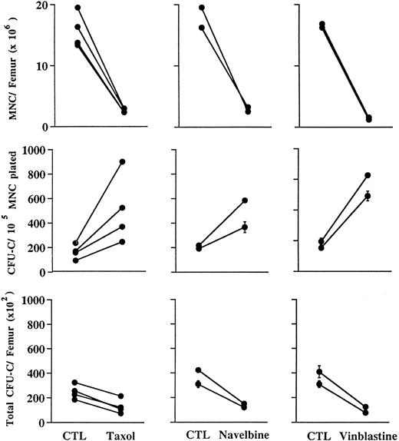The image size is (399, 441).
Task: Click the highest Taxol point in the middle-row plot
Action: tap(122, 161)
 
